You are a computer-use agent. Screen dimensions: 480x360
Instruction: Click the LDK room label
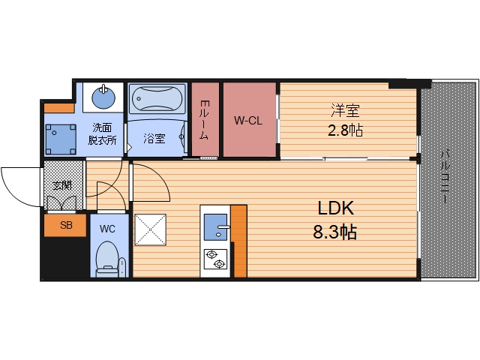coord(336,208)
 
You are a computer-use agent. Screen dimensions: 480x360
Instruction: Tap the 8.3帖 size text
coord(335,232)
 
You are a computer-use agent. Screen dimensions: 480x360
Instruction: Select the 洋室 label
coord(345,111)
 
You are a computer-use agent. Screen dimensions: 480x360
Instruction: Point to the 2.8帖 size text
coord(345,130)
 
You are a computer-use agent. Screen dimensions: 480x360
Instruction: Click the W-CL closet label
coord(248,120)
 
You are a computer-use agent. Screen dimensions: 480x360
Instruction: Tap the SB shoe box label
coord(66,225)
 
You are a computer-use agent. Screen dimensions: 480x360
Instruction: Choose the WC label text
coord(107,229)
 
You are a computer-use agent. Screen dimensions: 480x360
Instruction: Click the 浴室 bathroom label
coord(154,139)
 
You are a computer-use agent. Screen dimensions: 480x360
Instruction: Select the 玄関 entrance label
coord(62,185)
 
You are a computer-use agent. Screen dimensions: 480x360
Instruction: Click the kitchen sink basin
coord(215,227)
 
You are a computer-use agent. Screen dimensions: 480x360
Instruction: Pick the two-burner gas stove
coord(215,259)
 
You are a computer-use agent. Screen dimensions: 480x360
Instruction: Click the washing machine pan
coord(60,139)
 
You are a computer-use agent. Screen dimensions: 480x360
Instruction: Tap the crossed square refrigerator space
coord(150,229)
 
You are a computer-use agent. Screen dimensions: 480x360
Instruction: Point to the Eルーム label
coord(205,120)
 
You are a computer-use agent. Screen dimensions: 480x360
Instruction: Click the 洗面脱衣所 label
coord(102,133)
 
